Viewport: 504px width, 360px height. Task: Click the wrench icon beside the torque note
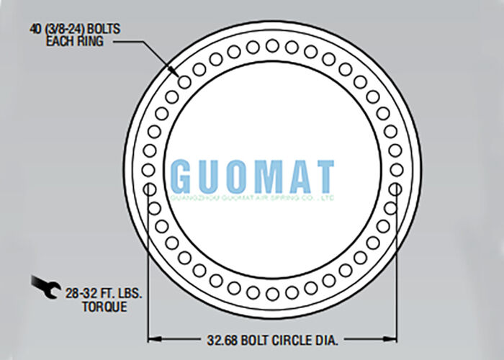point(42,287)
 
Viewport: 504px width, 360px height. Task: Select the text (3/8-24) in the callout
point(64,29)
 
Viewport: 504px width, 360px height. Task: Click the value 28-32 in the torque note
point(83,294)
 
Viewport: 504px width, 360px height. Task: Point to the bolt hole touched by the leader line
point(184,81)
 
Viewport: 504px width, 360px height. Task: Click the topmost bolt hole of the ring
point(272,45)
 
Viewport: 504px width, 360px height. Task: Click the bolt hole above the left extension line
point(148,189)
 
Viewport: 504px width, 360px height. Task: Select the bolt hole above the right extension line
point(396,189)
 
